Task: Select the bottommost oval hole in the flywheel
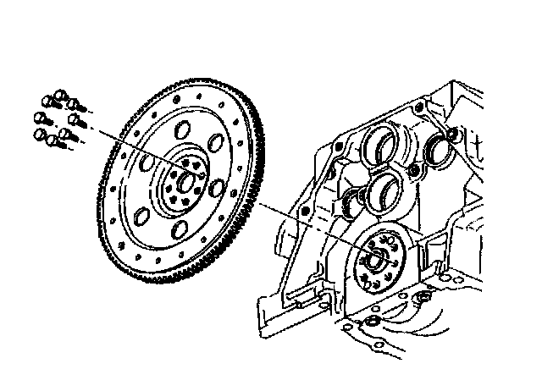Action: coord(180,229)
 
